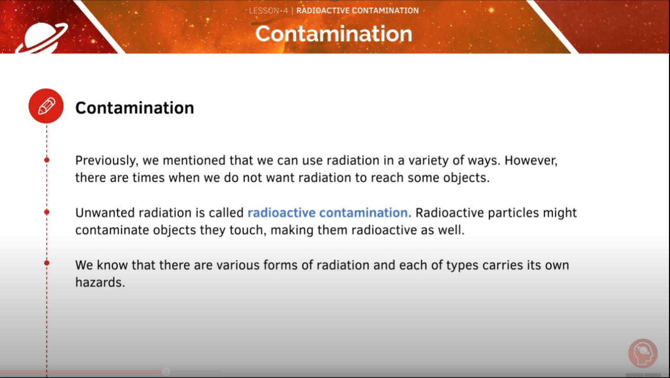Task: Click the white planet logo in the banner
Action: (x=41, y=38)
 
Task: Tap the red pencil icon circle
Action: (x=46, y=106)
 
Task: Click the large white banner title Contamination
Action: (x=333, y=34)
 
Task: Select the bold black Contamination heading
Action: (x=135, y=108)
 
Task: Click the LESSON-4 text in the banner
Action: (x=268, y=10)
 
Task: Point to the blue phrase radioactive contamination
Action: (x=329, y=213)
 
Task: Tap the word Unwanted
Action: (x=104, y=213)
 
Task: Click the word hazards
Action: (x=100, y=283)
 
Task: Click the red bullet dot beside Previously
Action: (x=47, y=160)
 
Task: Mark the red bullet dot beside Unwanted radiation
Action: (x=47, y=212)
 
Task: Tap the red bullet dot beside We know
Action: (x=47, y=263)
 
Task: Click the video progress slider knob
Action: (x=166, y=371)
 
